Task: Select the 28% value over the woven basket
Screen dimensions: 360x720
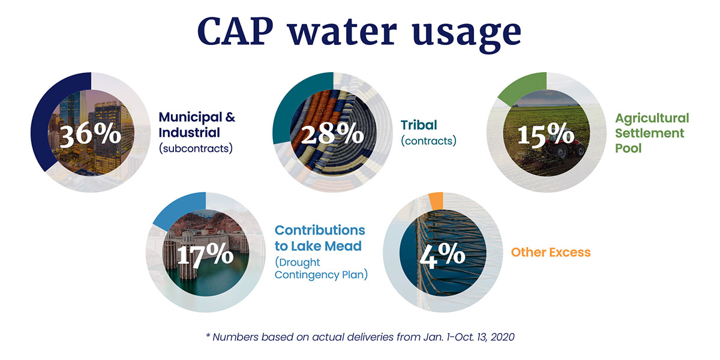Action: point(332,134)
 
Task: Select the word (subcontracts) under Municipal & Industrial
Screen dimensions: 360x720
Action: point(195,148)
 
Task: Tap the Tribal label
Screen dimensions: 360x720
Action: point(419,125)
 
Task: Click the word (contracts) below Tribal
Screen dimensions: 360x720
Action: point(428,142)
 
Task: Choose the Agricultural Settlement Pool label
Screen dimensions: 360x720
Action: point(652,132)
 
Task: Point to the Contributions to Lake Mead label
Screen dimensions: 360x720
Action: point(319,238)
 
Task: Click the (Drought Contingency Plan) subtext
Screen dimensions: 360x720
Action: point(321,269)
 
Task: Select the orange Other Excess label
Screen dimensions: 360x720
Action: point(550,253)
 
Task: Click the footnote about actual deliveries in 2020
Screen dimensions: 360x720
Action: point(360,337)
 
